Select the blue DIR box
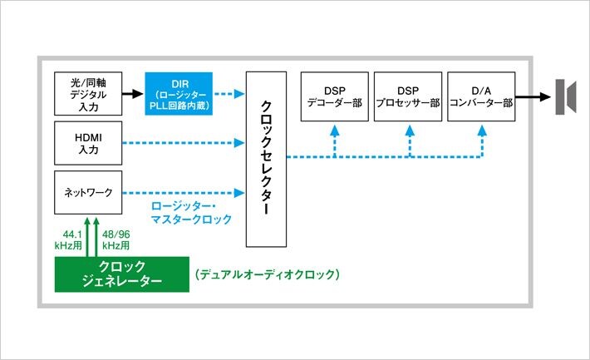point(179,94)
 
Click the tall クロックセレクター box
point(266,159)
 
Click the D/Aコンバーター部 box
point(480,96)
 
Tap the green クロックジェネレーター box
point(121,274)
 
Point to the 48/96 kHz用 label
point(116,240)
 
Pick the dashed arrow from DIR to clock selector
point(229,94)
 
